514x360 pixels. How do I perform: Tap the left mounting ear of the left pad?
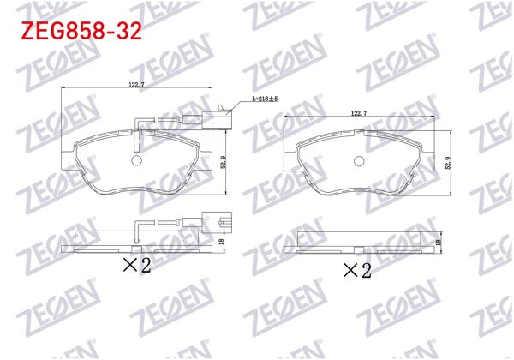[71, 154]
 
